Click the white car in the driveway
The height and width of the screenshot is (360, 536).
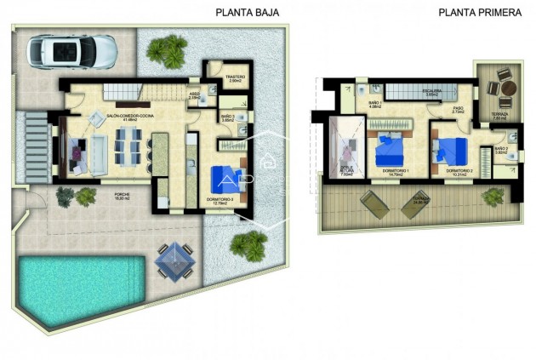point(71,51)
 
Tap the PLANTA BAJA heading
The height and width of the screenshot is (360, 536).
point(247,13)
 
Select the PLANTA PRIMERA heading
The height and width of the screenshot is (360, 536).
point(480,13)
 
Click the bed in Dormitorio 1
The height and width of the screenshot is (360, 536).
point(392,151)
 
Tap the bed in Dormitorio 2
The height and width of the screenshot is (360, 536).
point(448,150)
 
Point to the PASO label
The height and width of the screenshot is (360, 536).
point(457,109)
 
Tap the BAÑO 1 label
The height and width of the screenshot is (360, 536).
point(374,103)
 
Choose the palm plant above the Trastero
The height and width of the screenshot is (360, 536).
point(168,49)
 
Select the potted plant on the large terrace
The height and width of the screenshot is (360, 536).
point(493,197)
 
